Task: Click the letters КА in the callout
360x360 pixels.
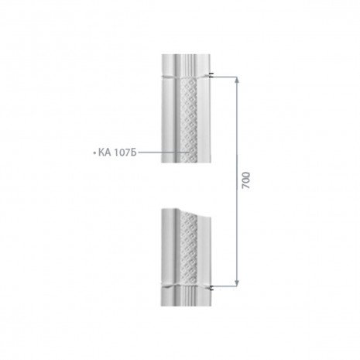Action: (105, 153)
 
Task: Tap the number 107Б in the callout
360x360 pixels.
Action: (125, 153)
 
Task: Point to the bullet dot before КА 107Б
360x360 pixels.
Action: (94, 153)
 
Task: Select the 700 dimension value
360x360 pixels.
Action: (246, 180)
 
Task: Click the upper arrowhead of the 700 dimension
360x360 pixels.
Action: (237, 80)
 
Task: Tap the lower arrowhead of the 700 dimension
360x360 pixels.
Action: (237, 283)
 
